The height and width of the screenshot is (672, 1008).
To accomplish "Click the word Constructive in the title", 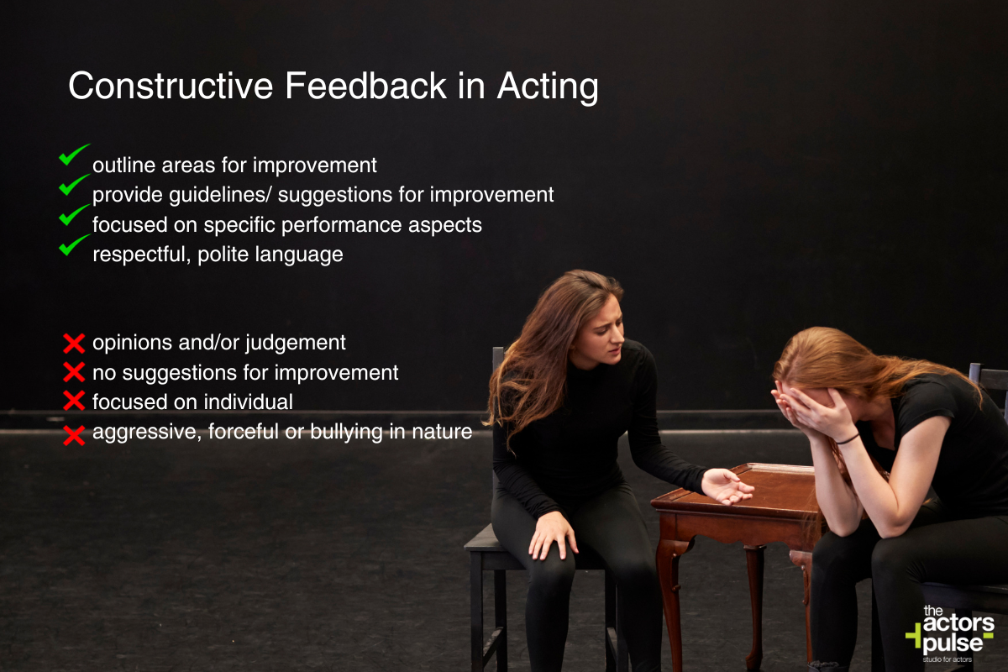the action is coord(171,86).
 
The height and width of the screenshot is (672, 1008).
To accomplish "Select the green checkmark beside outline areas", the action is coord(74,155).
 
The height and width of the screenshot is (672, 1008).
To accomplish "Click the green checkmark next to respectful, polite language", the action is coord(74,244).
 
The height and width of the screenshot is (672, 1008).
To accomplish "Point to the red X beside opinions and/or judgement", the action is coord(74,344).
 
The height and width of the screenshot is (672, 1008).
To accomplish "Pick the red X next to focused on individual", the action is coord(74,401).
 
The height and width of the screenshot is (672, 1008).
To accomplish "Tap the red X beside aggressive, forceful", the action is coord(74,435).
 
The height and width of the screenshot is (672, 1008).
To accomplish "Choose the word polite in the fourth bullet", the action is coord(223,255).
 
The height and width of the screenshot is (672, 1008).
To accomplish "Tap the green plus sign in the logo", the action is coord(914,636).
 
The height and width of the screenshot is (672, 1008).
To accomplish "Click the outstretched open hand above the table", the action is coord(726,486).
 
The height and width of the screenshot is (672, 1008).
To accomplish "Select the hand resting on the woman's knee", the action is coord(554,537).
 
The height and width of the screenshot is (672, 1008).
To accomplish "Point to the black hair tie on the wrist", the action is coord(848,439).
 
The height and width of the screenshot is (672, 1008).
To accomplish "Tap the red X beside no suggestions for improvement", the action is coord(74,372).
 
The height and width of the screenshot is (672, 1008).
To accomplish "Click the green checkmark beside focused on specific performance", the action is coord(74,215).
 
